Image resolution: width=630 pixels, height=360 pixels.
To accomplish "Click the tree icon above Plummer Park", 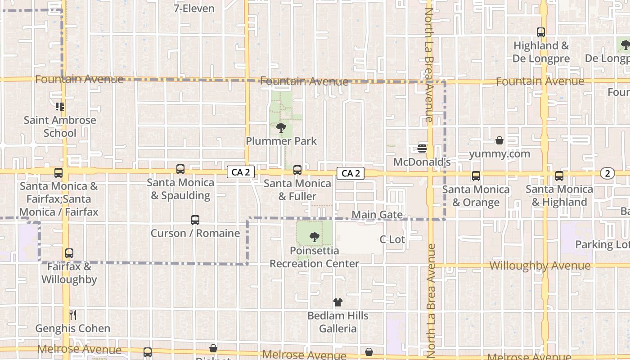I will point(281,128).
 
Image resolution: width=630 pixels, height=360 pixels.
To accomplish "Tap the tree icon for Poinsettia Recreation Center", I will point(315,237).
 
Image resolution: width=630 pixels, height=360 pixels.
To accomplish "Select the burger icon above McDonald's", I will point(422,148).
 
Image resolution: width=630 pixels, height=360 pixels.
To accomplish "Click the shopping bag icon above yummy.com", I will point(499,141).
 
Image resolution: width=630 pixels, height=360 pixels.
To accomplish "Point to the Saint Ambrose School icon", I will point(60,107).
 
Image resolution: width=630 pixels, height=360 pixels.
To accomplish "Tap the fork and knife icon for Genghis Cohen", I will point(72,315).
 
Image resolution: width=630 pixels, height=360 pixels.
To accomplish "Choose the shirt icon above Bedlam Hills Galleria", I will point(337,302).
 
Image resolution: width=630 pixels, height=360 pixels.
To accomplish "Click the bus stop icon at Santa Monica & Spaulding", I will point(180,169).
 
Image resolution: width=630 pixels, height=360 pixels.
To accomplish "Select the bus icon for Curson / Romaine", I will point(195,220).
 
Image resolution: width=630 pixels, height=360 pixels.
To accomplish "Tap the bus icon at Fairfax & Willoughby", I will point(69,253).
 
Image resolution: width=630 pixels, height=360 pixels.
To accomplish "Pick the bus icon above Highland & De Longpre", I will point(541,32).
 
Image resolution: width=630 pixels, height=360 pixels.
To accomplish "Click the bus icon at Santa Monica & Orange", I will point(476,176).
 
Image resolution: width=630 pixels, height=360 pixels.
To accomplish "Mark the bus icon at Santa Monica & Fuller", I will point(297,170).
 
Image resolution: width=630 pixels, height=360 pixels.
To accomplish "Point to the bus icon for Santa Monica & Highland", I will point(559,176).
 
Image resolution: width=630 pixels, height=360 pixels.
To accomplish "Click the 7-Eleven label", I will point(194,9).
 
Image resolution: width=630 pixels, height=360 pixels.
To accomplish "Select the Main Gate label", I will point(377,215).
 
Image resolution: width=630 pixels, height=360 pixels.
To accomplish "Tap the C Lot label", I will point(392,239).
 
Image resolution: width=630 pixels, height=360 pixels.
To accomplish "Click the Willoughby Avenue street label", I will point(540,265).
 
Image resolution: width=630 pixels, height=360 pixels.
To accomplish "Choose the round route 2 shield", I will point(607,173).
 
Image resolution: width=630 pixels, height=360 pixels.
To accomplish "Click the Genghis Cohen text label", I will point(72,328).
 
